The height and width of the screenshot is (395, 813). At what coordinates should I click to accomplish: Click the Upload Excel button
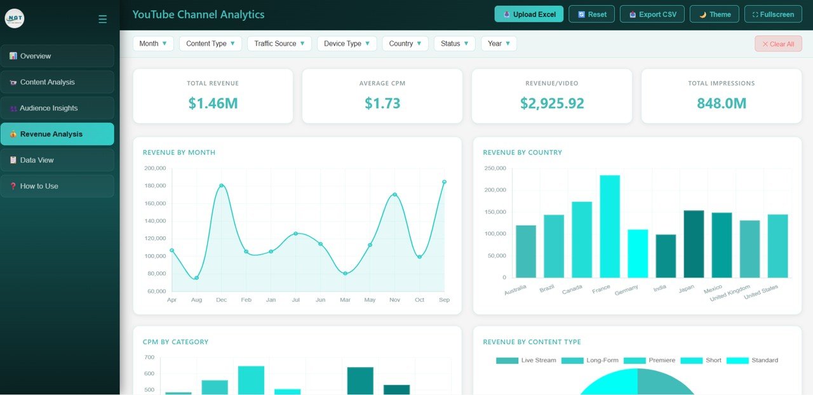coord(528,14)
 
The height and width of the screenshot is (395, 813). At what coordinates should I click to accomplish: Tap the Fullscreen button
coord(772,14)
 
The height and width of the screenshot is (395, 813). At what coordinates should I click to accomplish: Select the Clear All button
coord(778,44)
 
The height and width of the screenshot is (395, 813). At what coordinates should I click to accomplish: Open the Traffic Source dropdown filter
coord(279,44)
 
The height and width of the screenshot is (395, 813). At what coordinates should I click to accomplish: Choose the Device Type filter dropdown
coord(346,44)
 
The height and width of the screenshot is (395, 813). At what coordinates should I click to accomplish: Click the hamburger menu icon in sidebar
coord(102,20)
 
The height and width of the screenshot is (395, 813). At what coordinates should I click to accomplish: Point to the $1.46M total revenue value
coord(213,104)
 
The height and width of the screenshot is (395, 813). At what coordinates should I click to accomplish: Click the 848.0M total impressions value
coord(721,104)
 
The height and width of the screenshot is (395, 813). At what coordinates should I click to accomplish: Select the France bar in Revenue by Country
coord(609,226)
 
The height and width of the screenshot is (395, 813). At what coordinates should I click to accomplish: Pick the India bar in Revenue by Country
coord(665,256)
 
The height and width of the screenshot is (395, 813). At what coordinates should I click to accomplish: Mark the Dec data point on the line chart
coord(221,185)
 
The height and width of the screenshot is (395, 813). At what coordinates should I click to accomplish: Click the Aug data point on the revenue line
coord(196,278)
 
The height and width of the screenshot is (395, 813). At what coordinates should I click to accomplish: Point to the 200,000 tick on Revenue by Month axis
coord(155,168)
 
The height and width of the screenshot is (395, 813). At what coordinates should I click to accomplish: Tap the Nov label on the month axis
coord(394,300)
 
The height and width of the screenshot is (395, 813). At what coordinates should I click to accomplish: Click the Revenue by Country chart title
coord(522,152)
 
